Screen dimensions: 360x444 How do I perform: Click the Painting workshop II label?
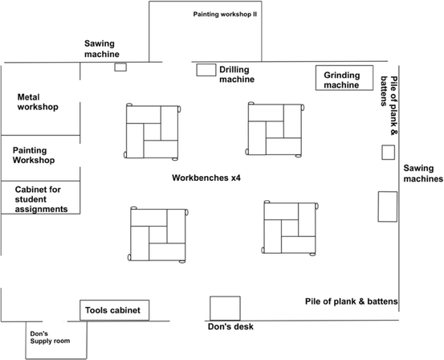click(x=225, y=14)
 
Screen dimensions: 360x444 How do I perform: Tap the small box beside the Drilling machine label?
click(x=206, y=70)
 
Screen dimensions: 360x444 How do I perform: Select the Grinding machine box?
click(x=344, y=79)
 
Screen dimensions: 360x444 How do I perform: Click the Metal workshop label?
click(x=38, y=101)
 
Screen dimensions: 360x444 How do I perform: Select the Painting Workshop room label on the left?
click(x=34, y=155)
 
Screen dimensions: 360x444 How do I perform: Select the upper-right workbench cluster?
click(x=275, y=129)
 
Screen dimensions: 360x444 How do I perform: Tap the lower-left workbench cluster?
click(x=157, y=233)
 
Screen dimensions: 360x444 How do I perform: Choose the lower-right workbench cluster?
click(x=290, y=227)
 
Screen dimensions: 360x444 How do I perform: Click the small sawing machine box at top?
click(x=120, y=67)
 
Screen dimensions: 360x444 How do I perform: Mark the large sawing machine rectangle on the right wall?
click(x=389, y=207)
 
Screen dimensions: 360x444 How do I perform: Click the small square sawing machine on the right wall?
click(x=388, y=152)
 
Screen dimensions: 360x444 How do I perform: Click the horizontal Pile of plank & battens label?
click(x=352, y=301)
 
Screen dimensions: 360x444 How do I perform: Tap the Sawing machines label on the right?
click(x=423, y=174)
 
